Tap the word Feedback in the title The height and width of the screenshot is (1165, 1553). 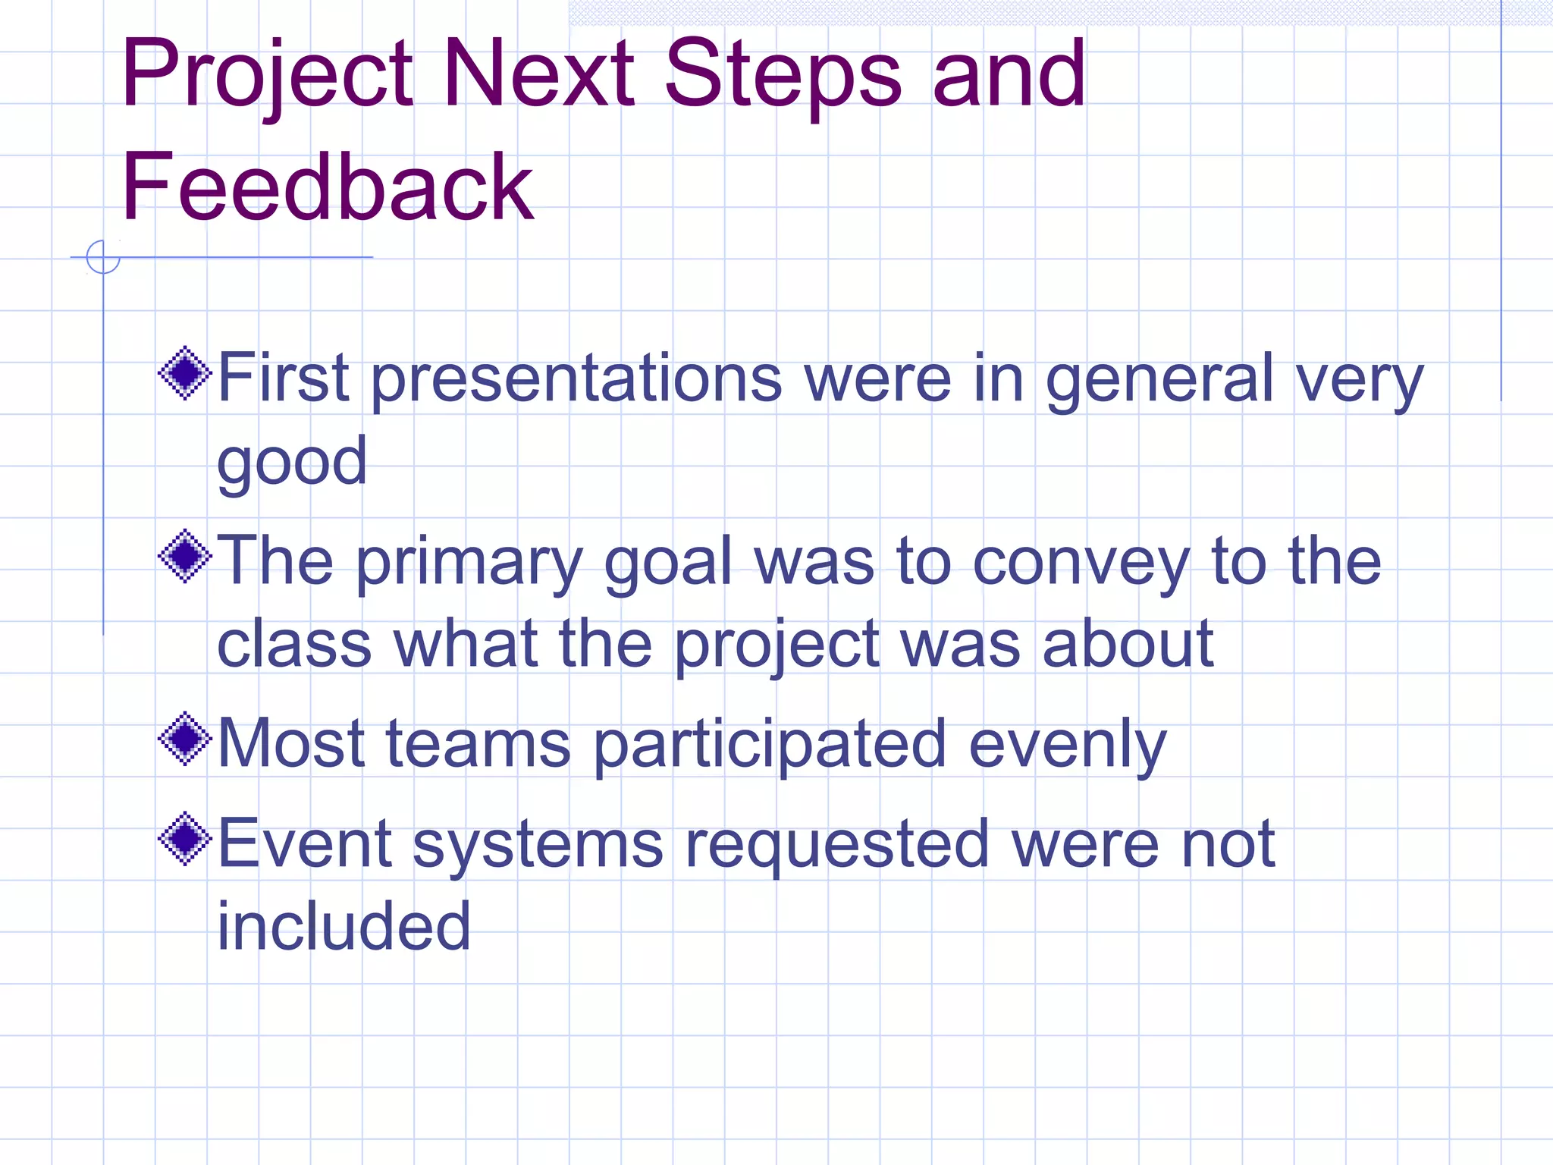click(328, 187)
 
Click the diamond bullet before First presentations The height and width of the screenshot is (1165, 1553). click(185, 373)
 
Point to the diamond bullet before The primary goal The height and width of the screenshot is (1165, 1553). click(185, 557)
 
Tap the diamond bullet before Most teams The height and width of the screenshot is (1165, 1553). click(185, 739)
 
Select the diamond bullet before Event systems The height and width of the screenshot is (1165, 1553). click(185, 839)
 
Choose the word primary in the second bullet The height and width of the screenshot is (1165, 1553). click(469, 563)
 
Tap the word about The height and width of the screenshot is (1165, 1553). click(1128, 645)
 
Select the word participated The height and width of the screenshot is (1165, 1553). click(769, 745)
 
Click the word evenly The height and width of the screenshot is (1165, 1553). click(1068, 745)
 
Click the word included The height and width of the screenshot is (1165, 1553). click(344, 927)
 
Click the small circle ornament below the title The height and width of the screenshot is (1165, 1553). click(103, 257)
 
